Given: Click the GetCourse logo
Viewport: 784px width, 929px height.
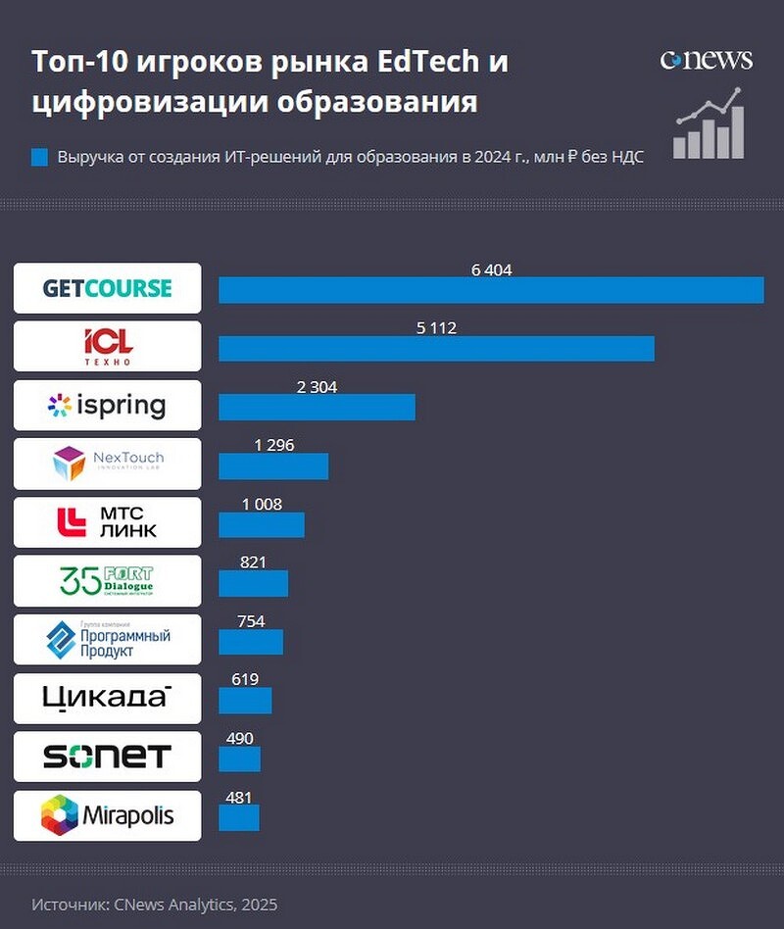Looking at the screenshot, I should coord(107,288).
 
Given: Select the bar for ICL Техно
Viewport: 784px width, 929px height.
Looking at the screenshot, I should coord(436,349).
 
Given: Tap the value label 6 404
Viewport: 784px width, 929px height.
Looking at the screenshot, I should coord(491,270).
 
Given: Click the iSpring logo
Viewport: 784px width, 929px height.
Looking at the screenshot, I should coord(107,406).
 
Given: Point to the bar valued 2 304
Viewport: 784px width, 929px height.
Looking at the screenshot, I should coord(317,408).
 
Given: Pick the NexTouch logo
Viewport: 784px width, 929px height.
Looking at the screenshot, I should coord(107,464).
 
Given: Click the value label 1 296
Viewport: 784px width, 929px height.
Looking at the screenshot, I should coord(273,446).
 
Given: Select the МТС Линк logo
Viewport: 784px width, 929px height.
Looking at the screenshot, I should coord(107,522).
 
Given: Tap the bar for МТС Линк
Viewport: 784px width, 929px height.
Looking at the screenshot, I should coord(261,525).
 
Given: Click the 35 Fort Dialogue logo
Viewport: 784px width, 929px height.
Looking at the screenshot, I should coord(107,581).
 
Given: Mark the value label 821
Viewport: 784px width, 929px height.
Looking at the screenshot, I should coord(253,562).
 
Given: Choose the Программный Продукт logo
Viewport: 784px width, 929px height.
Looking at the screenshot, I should coord(107,640).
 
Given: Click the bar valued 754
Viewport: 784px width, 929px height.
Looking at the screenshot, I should coord(250,642).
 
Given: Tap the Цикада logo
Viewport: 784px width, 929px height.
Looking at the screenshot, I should coord(107,698).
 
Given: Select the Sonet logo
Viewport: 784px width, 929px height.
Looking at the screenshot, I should coord(107,757).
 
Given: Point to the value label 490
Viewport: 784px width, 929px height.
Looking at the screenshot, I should coord(239,739).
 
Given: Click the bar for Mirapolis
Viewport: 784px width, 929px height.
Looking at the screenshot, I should coord(238,818).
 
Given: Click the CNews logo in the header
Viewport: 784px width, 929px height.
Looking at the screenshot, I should coord(706,60).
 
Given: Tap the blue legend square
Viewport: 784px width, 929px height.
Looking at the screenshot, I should coord(39,157).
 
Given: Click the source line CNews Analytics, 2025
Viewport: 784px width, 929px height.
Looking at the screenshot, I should coord(154,905).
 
